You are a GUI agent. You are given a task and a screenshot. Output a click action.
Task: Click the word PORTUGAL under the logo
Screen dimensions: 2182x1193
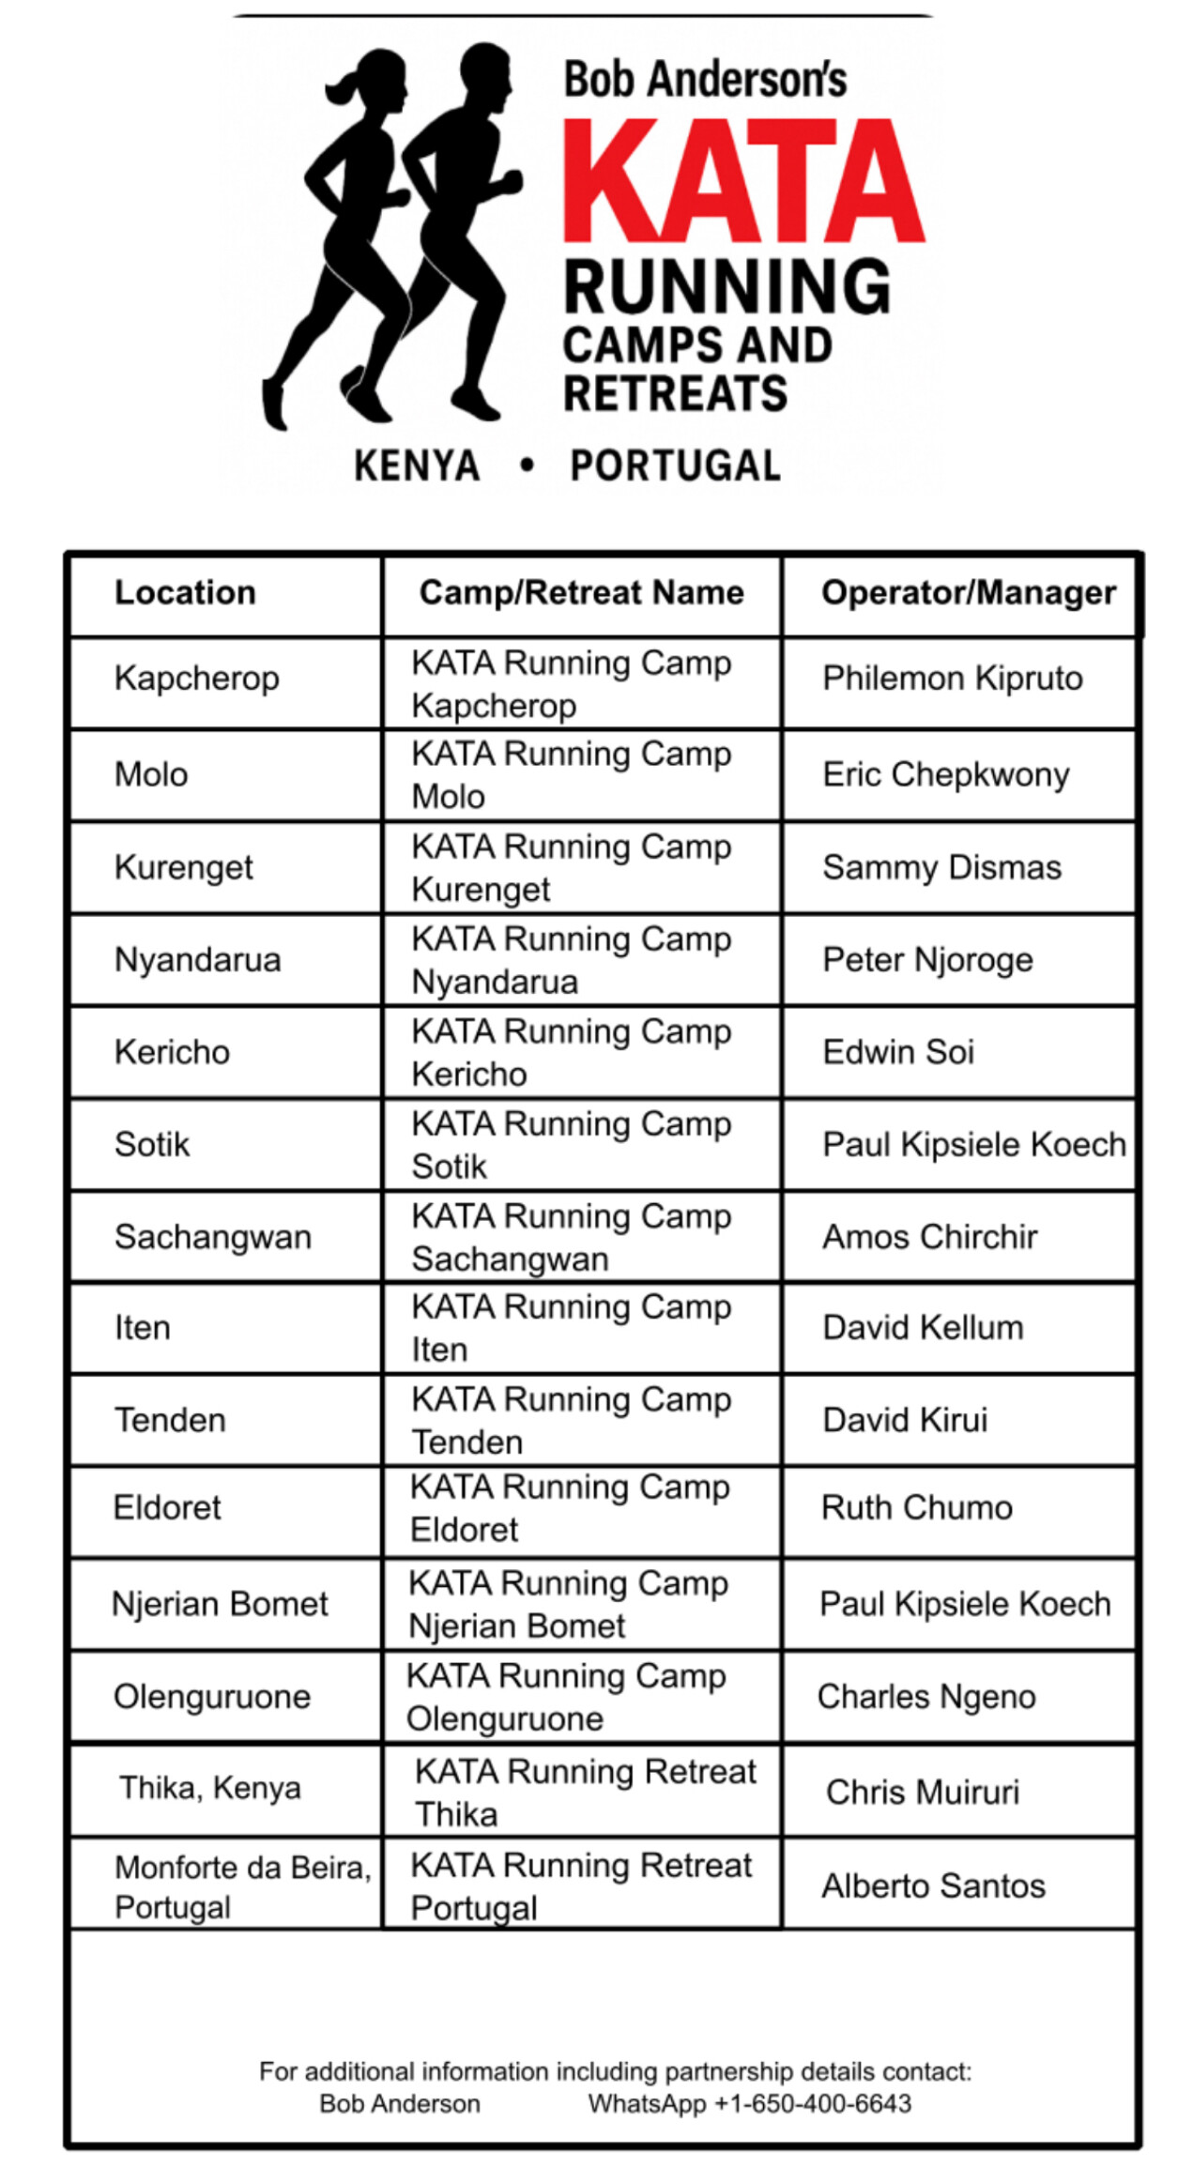(675, 466)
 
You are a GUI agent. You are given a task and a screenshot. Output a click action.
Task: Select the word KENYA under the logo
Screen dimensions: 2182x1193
(417, 466)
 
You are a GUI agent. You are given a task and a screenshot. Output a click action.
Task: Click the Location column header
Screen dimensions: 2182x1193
(185, 593)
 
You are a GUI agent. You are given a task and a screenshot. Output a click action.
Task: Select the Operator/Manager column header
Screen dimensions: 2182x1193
(968, 593)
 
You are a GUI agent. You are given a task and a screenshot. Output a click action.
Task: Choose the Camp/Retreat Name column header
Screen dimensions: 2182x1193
(581, 593)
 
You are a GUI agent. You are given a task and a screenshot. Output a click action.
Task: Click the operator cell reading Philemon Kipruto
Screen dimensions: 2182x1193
(952, 679)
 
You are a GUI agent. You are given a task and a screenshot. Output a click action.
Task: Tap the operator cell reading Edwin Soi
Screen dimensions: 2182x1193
(898, 1052)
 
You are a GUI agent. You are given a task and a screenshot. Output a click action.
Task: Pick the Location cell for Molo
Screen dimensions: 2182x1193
(151, 775)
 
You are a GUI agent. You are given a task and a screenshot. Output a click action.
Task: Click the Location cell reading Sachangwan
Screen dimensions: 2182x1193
(212, 1237)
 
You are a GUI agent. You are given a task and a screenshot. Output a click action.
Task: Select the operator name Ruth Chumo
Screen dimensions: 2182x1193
(916, 1508)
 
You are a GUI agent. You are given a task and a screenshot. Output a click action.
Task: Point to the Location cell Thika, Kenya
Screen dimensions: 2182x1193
(210, 1788)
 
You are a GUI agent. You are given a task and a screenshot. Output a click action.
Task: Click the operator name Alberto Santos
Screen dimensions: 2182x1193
(933, 1885)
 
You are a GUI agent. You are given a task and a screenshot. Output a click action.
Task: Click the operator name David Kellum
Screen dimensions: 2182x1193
(923, 1328)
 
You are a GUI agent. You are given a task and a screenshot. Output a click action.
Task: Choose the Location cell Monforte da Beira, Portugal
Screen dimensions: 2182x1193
(242, 1886)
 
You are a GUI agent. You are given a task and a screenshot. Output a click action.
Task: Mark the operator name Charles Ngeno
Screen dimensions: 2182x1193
(926, 1697)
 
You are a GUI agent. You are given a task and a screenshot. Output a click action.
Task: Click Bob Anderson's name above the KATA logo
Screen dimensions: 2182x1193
(705, 79)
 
